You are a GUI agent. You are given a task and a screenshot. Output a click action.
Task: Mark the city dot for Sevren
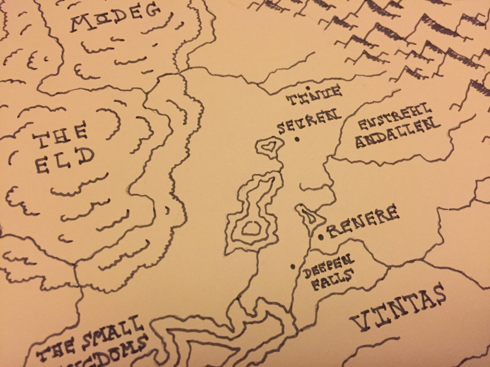coord(297,139)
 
